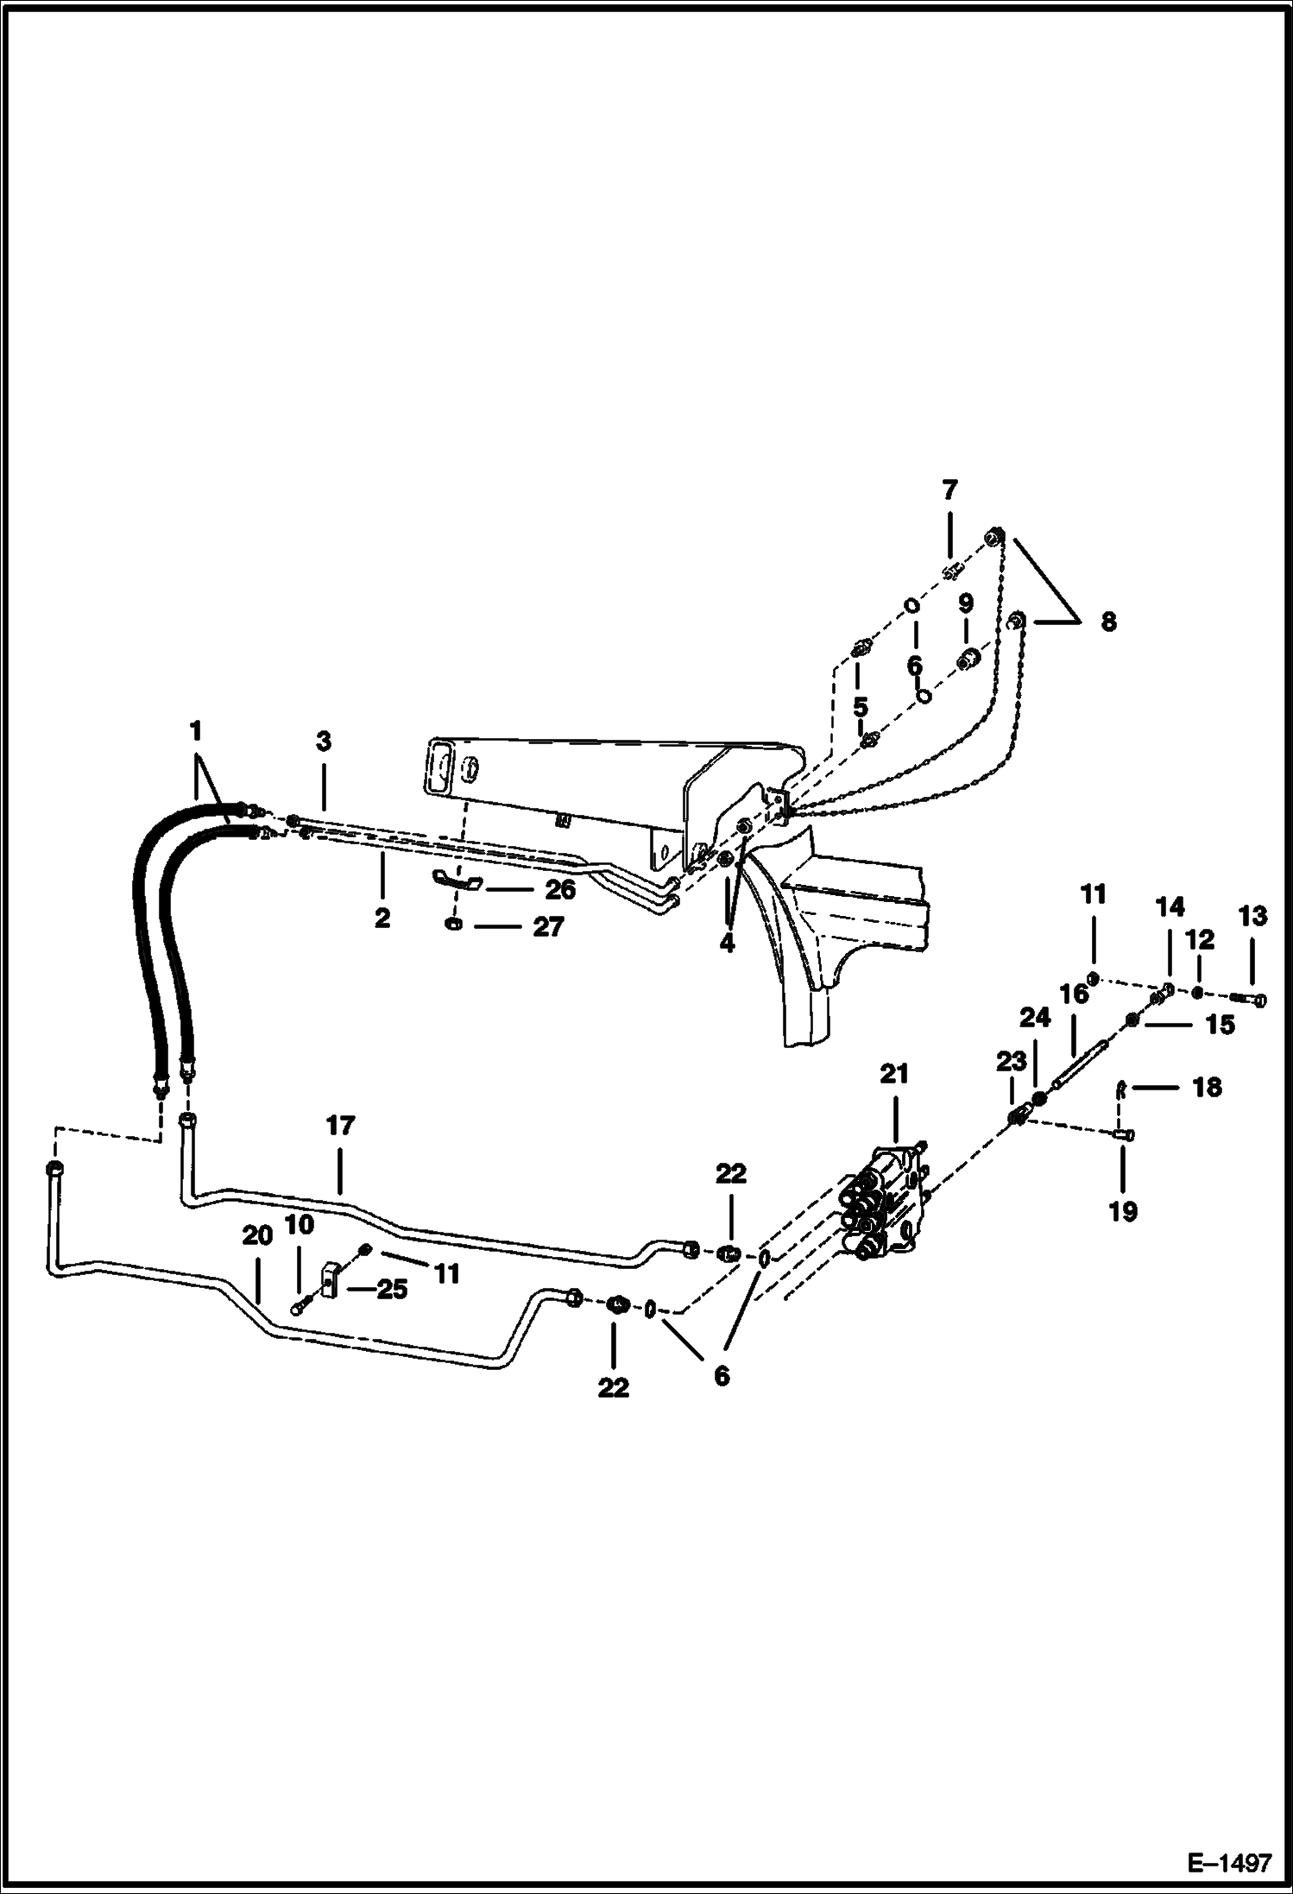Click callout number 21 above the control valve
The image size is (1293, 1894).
click(x=894, y=1074)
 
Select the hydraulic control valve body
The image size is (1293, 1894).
click(x=885, y=1204)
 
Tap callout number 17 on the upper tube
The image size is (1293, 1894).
click(x=340, y=1126)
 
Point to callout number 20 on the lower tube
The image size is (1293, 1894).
click(x=256, y=1236)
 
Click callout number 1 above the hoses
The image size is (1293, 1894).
click(x=195, y=732)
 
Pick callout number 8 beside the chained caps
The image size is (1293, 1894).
click(x=1108, y=622)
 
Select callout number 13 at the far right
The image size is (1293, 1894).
click(x=1252, y=916)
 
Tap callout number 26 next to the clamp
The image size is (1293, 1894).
click(x=559, y=889)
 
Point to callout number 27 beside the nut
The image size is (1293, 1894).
click(x=548, y=927)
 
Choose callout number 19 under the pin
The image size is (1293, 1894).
click(x=1122, y=1211)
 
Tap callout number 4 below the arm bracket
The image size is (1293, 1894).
click(x=727, y=944)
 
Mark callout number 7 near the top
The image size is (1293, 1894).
click(x=949, y=491)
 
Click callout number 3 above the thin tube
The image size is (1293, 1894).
click(x=323, y=742)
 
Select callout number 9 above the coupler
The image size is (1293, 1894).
click(x=965, y=602)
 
